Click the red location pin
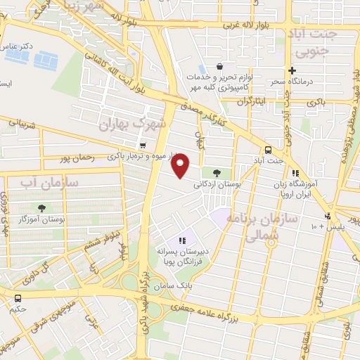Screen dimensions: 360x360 (x=181, y=165)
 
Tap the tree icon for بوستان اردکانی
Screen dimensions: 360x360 (x=215, y=172)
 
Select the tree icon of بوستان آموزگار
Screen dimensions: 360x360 (x=43, y=208)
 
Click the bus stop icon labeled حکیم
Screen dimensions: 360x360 (x=18, y=297)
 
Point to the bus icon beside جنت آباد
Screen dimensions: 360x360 (x=267, y=150)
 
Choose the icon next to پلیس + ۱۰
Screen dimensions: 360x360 (x=327, y=216)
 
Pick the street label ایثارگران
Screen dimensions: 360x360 (x=254, y=101)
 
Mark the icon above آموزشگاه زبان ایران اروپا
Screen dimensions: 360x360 (x=296, y=173)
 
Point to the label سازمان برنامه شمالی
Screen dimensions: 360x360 (x=271, y=226)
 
